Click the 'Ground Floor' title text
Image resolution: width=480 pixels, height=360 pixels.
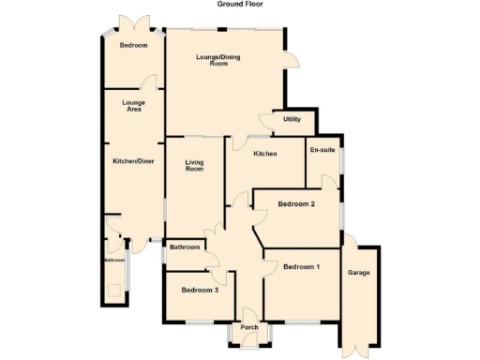(x=239, y=5)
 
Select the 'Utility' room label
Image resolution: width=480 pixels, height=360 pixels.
(x=292, y=120)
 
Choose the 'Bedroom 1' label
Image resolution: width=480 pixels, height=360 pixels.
(x=302, y=267)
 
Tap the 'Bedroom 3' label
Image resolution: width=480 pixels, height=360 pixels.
(x=201, y=290)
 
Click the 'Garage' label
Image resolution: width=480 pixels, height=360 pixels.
(x=358, y=273)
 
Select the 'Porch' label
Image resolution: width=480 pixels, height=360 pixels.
(x=249, y=327)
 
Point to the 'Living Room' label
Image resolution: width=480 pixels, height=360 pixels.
(x=194, y=165)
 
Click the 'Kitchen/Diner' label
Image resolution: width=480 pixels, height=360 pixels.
(x=132, y=161)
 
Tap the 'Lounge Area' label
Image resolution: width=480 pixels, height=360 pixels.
(x=132, y=106)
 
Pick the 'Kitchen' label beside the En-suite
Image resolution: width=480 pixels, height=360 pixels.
(x=264, y=153)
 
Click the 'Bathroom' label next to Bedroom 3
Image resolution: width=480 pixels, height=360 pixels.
(x=185, y=247)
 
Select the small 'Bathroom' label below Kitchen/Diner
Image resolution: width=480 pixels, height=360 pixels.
(x=114, y=260)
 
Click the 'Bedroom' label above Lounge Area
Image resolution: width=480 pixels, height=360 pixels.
(x=132, y=45)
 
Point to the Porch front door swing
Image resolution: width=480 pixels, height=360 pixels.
(x=249, y=341)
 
